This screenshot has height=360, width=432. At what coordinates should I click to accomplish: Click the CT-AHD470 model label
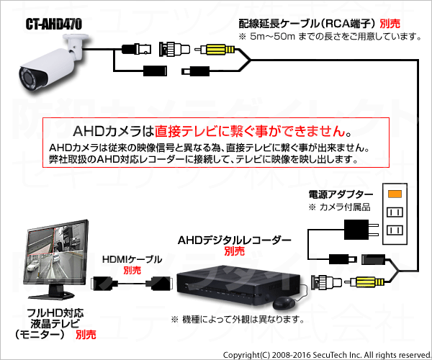point(54,24)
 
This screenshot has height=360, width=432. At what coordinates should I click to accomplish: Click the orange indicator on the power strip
point(395,194)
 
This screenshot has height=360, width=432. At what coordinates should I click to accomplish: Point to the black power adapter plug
point(361,230)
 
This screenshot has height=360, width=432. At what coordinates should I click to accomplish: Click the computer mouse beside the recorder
point(284,303)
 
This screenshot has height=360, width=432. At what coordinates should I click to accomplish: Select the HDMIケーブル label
point(132,259)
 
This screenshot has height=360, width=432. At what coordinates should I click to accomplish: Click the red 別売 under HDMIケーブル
point(132,270)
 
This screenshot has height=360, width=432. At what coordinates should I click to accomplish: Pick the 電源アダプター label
point(341,194)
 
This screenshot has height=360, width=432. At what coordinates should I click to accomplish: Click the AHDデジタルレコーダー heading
point(235,240)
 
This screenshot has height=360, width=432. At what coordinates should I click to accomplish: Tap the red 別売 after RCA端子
point(390,24)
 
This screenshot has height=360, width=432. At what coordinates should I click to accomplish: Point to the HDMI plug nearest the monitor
point(103,283)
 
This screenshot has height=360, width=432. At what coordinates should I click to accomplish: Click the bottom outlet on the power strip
point(395,230)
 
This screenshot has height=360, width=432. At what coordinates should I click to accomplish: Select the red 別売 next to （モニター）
point(86,335)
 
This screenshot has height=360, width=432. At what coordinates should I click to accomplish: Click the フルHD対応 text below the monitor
point(55,313)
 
